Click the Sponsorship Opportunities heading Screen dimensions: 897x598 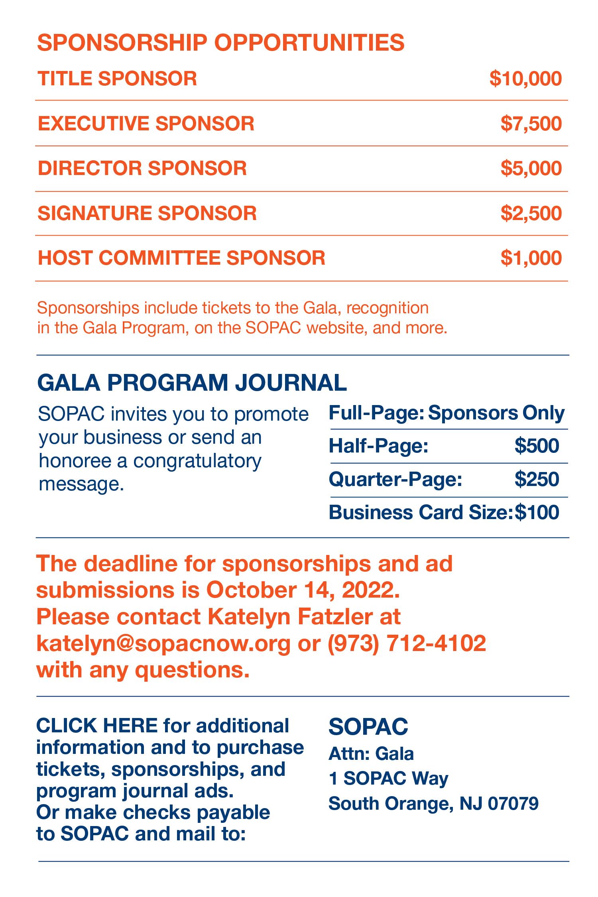[220, 43]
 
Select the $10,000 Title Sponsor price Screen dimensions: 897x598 [525, 79]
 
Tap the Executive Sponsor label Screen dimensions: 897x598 [146, 123]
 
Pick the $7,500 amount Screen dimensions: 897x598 [531, 124]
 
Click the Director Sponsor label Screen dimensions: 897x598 [142, 168]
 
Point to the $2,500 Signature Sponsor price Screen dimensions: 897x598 [531, 213]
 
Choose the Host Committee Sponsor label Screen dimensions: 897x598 [181, 258]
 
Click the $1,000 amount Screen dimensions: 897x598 [531, 258]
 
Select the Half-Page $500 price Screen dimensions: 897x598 [537, 446]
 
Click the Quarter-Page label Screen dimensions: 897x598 [395, 479]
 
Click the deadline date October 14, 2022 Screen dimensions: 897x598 [303, 590]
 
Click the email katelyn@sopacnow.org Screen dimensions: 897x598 [163, 643]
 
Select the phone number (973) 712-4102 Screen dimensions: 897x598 [407, 643]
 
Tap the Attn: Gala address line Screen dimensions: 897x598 [371, 754]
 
